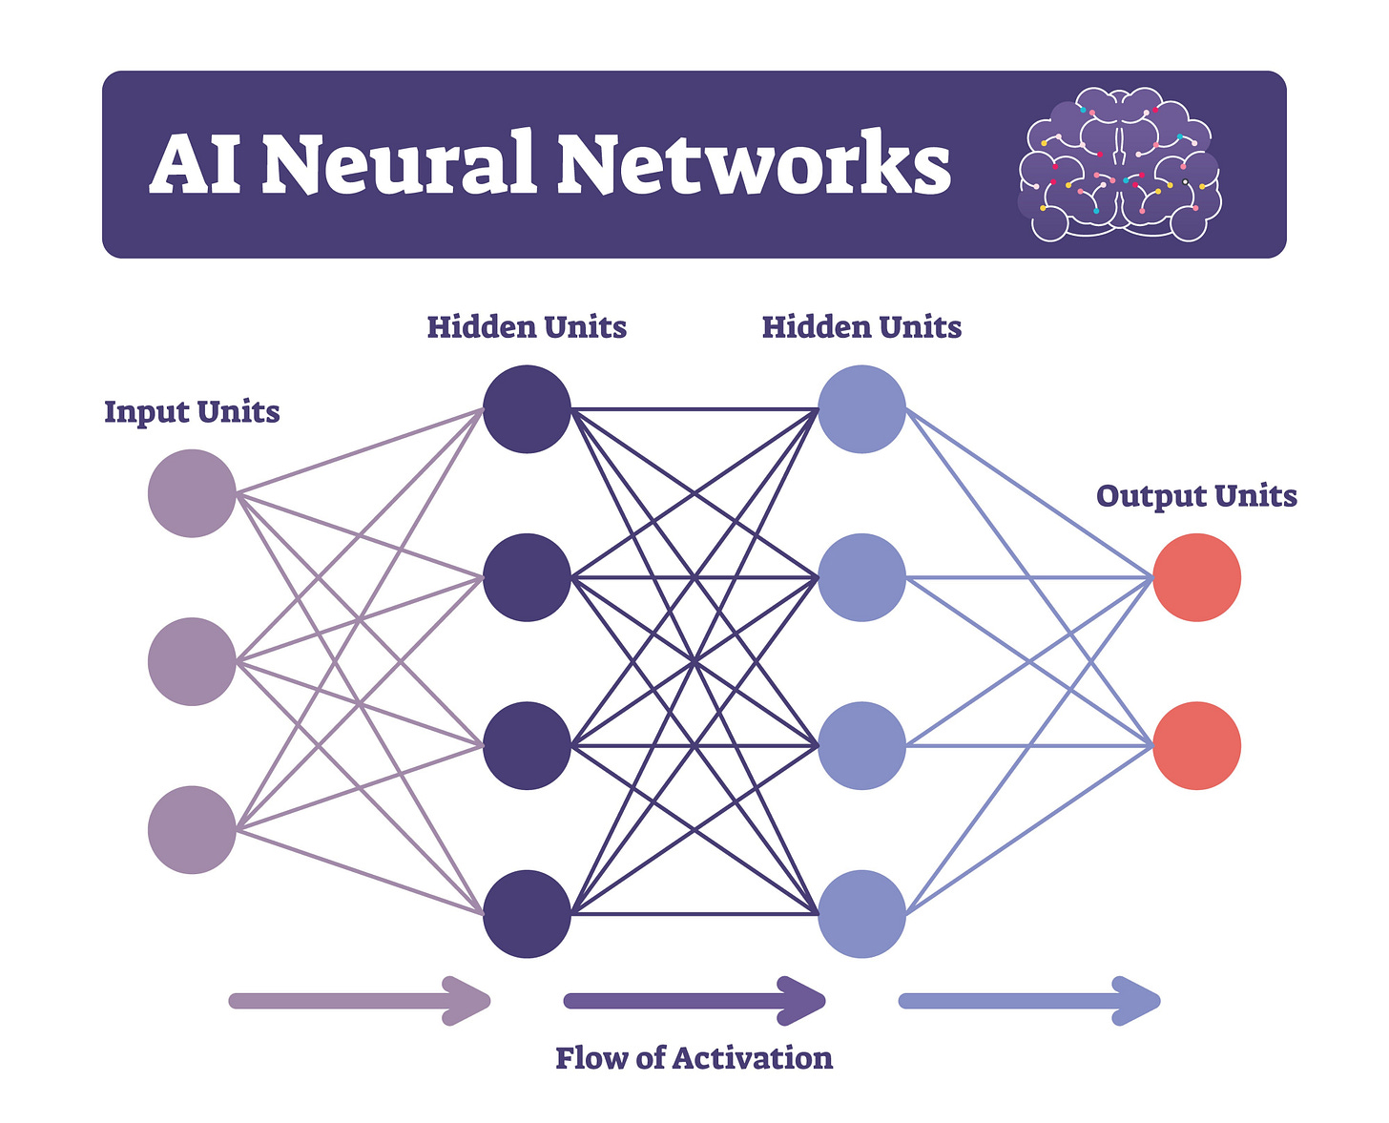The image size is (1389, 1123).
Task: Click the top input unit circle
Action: pyautogui.click(x=192, y=493)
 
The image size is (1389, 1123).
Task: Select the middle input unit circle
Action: pyautogui.click(x=192, y=661)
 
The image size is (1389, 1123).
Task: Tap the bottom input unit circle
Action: pyautogui.click(x=192, y=829)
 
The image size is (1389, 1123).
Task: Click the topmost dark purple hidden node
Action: pyautogui.click(x=527, y=409)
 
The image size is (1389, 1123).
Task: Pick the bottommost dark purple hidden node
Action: pyautogui.click(x=527, y=913)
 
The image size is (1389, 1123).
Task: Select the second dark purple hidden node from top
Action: pyautogui.click(x=527, y=577)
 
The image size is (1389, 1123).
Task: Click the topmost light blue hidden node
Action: pyautogui.click(x=861, y=409)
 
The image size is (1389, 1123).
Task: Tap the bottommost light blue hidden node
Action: pyautogui.click(x=861, y=913)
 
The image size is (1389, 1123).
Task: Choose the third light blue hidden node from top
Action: pyautogui.click(x=861, y=745)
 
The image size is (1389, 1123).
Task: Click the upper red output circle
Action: pyautogui.click(x=1196, y=577)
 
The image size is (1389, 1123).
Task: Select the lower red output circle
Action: pyautogui.click(x=1196, y=745)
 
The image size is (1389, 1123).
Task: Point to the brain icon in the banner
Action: pyautogui.click(x=1119, y=164)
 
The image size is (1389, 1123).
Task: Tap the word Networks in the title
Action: pyautogui.click(x=754, y=164)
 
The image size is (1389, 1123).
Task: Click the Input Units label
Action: pyautogui.click(x=192, y=412)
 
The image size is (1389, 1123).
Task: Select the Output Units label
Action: pyautogui.click(x=1196, y=496)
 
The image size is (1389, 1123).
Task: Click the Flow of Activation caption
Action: pyautogui.click(x=694, y=1058)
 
